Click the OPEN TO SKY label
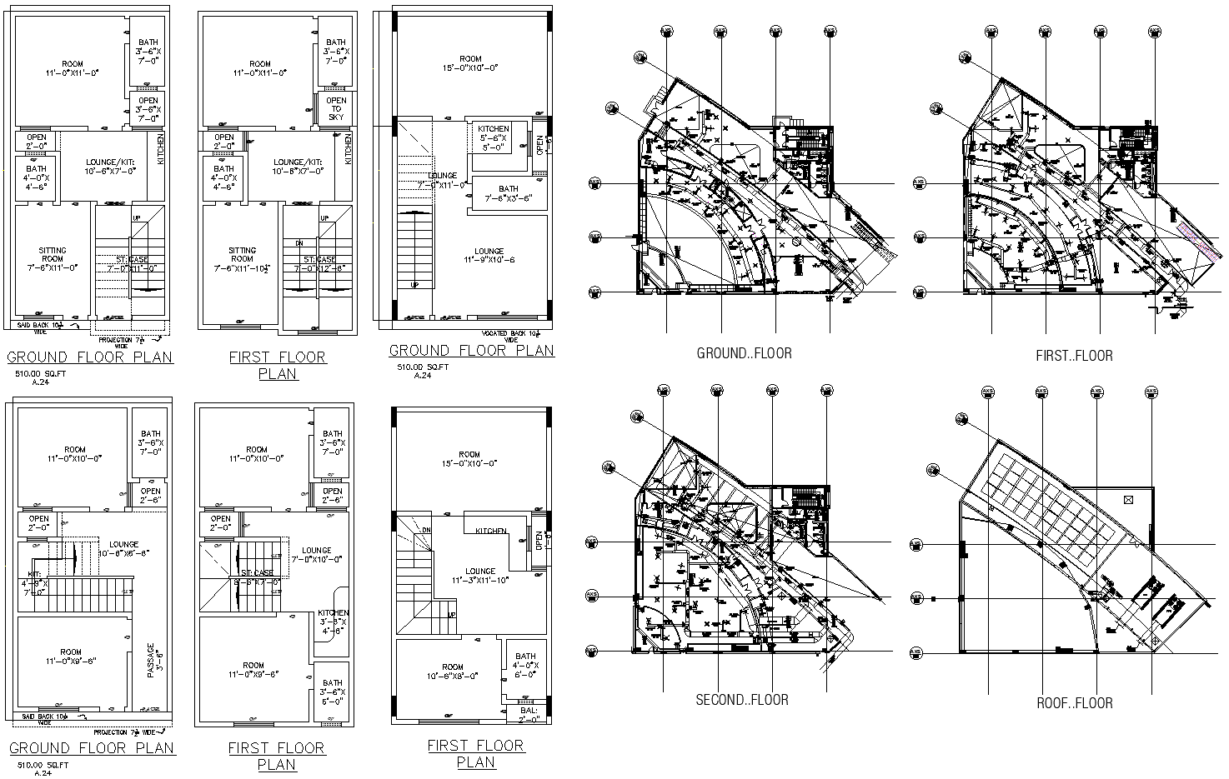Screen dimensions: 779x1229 [336, 109]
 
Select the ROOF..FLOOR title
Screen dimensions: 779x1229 [1074, 703]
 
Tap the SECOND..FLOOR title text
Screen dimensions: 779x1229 [742, 700]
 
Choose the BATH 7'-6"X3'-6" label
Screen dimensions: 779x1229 [508, 194]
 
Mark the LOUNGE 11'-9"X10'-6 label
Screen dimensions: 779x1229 [489, 256]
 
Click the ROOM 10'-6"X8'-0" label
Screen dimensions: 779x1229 [453, 672]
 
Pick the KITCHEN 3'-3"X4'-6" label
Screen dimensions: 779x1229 [334, 622]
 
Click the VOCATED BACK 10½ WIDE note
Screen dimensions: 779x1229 [509, 336]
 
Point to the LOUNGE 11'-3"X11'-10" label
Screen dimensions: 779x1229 [479, 576]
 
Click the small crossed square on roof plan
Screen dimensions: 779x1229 [1128, 500]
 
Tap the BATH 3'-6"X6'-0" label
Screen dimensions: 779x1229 [333, 692]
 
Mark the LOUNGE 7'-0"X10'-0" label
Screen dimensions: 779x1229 [316, 555]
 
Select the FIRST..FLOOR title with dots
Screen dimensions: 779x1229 [1074, 356]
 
